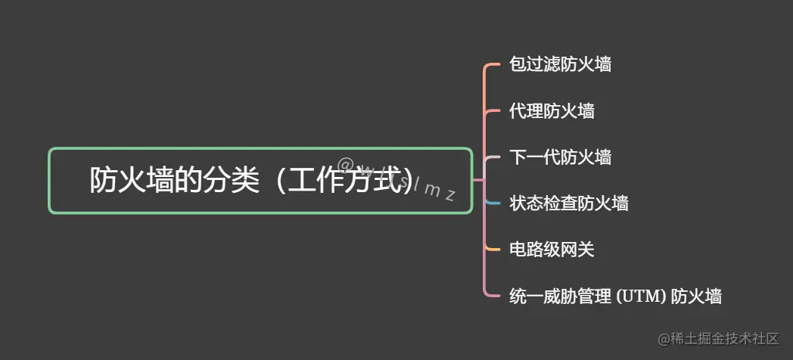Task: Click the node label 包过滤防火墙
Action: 560,64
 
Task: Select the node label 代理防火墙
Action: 552,111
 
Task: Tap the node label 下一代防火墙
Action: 560,157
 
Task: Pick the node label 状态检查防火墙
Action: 568,203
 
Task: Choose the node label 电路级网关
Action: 552,249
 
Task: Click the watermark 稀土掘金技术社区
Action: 718,339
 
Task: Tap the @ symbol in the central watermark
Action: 346,164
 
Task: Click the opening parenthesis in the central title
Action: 278,181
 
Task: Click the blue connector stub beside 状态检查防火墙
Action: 493,203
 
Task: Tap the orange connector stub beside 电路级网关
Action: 493,249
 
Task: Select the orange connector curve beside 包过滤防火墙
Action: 490,66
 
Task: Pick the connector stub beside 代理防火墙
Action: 493,112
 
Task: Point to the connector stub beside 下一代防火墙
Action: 493,158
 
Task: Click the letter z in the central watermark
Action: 449,195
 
